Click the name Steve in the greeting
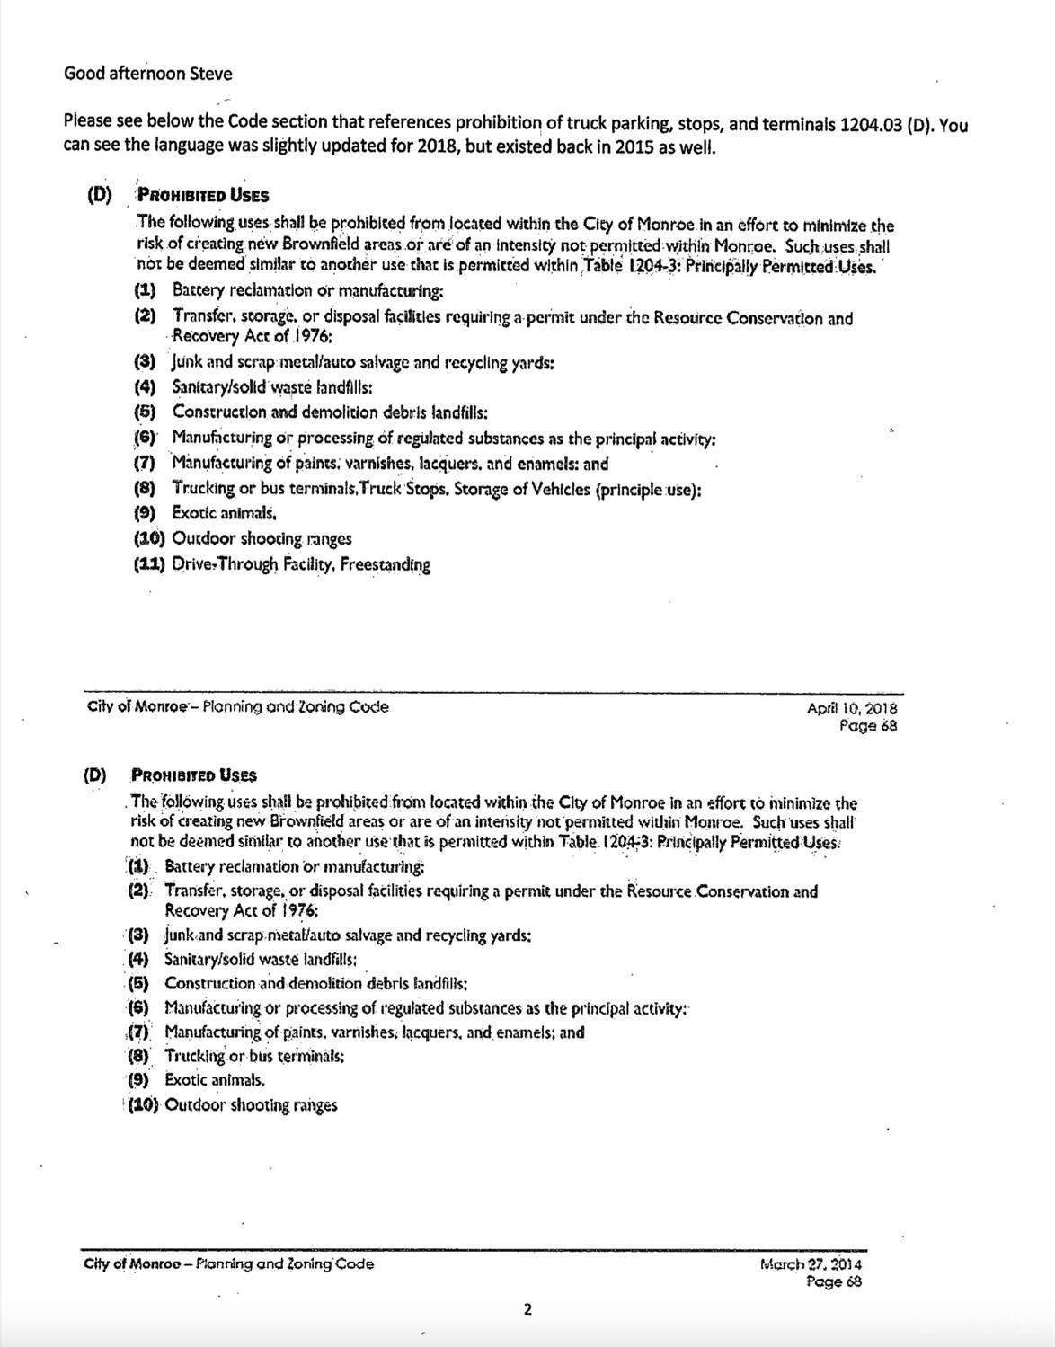[210, 74]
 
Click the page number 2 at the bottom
[527, 1309]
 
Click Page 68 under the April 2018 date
[867, 726]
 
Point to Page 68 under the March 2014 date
[834, 1282]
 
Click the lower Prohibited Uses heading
[193, 775]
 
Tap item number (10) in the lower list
[142, 1105]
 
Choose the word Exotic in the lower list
[186, 1080]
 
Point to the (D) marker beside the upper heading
[99, 195]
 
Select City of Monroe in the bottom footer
[129, 1264]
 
